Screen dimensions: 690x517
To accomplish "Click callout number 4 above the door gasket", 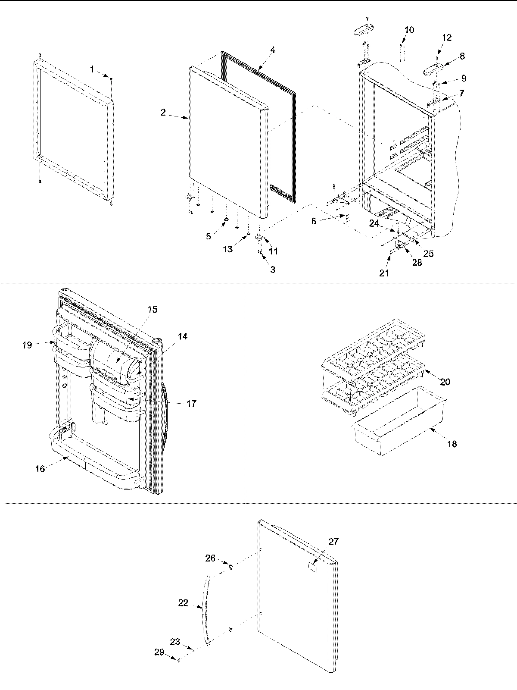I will pos(273,50).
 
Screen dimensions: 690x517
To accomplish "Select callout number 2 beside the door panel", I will pos(163,113).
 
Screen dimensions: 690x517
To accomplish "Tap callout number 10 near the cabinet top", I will pos(409,30).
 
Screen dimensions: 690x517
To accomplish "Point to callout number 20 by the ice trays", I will pos(445,382).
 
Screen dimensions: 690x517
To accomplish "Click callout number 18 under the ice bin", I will pos(452,444).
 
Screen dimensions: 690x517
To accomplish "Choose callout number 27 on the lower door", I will pos(333,542).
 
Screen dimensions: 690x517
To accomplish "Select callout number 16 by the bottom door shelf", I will pos(40,469).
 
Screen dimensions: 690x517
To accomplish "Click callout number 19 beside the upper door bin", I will pos(28,345).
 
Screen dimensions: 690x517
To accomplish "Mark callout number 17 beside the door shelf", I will pos(191,404).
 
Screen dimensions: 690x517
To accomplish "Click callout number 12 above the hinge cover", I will pos(447,38).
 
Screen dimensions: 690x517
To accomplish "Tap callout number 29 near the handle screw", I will pos(159,652).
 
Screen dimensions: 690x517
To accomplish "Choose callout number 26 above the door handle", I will pos(210,558).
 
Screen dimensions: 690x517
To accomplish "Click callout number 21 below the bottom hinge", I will pos(384,273).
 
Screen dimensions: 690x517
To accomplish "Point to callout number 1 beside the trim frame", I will pos(92,69).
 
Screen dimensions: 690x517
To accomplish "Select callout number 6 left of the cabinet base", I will pos(314,221).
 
